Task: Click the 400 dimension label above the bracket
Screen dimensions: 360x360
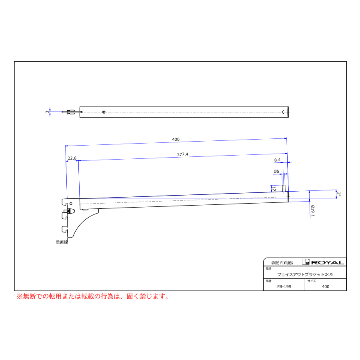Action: pyautogui.click(x=176, y=139)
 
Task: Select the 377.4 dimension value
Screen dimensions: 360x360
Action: pyautogui.click(x=182, y=154)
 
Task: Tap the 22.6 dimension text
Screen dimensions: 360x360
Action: pyautogui.click(x=72, y=158)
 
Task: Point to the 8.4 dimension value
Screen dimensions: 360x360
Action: pyautogui.click(x=277, y=160)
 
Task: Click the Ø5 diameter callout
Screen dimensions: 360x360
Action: pyautogui.click(x=276, y=171)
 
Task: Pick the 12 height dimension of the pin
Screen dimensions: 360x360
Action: pyautogui.click(x=274, y=189)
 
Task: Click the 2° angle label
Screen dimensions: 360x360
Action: pyautogui.click(x=339, y=194)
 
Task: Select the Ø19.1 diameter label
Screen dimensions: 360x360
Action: pyautogui.click(x=312, y=211)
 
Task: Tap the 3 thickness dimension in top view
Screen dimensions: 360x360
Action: pyautogui.click(x=48, y=112)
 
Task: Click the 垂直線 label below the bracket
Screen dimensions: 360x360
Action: pyautogui.click(x=62, y=242)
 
